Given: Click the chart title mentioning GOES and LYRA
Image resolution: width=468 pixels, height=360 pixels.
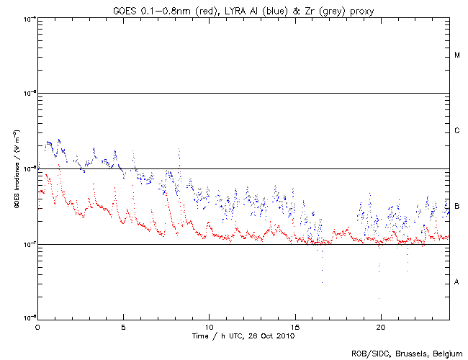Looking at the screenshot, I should (242, 9).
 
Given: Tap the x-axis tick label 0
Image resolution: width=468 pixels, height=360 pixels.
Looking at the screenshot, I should (37, 326).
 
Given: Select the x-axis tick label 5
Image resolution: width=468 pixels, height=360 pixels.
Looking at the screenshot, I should (123, 326).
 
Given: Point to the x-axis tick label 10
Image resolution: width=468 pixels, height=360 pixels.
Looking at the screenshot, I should (209, 326).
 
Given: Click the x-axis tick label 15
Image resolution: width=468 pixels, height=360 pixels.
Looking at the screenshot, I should (294, 326).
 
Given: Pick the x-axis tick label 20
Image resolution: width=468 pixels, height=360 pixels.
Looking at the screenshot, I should (380, 326).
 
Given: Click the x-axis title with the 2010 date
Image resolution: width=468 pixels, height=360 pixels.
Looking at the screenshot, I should (242, 336).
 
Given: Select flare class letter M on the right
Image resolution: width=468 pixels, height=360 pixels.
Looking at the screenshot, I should (457, 55).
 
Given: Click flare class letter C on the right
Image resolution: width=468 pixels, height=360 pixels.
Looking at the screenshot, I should (457, 131).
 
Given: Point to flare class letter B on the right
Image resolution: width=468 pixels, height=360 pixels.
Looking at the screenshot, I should (457, 207).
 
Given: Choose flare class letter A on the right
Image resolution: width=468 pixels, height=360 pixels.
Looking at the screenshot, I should (457, 282).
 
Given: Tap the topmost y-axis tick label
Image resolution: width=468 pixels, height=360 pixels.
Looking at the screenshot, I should (30, 18).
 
